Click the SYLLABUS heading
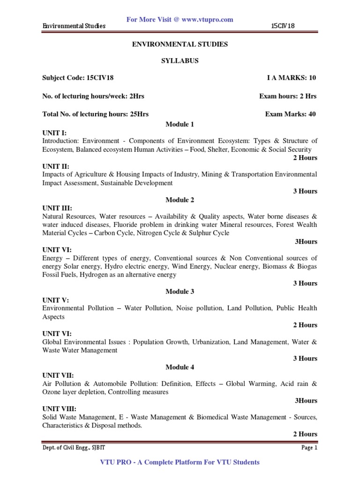coord(180,61)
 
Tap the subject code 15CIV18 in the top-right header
coord(283,26)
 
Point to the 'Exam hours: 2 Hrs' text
coord(288,97)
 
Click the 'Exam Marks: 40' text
coord(291,114)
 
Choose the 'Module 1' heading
coord(180,124)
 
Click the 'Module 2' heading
coord(180,200)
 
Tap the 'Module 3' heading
coord(180,292)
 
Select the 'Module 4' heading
coord(180,367)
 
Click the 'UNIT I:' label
coord(55,133)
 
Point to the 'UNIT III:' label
coord(57,208)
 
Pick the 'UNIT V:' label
coord(56,300)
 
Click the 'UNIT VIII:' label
coord(59,409)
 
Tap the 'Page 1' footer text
coord(309,448)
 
